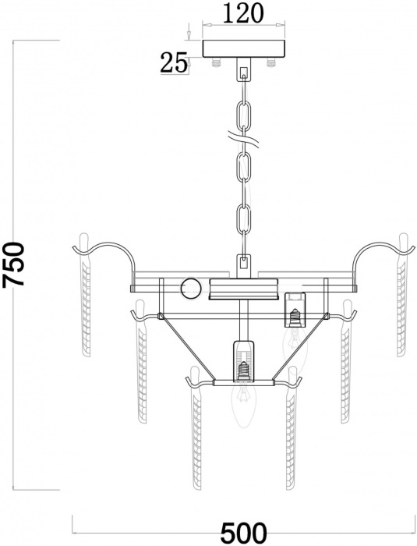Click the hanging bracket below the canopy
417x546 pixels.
click(244, 73)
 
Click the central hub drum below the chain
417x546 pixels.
click(243, 289)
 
